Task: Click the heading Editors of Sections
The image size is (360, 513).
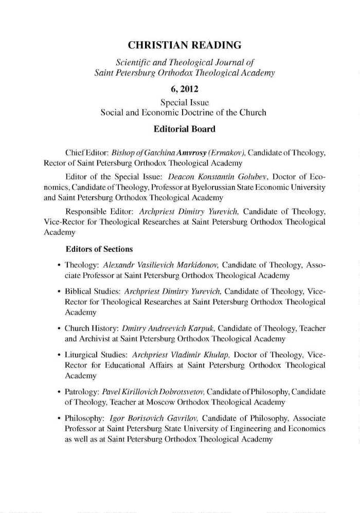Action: point(99,249)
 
